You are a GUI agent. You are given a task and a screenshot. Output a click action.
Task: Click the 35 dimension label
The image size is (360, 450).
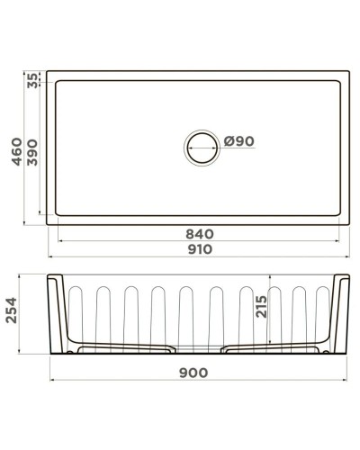(x=33, y=81)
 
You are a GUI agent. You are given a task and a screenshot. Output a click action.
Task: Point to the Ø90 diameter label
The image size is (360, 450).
(x=239, y=141)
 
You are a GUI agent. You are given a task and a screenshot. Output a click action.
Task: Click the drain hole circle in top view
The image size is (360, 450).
(x=201, y=148)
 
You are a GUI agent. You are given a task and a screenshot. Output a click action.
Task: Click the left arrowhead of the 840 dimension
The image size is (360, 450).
(x=60, y=242)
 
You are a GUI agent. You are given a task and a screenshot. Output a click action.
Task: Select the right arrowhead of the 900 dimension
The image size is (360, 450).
(x=348, y=380)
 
